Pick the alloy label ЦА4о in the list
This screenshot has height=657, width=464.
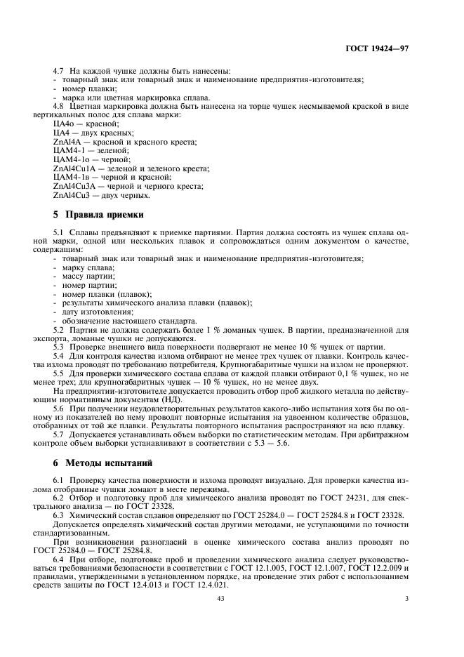coord(64,123)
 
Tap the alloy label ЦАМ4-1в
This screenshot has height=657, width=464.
coord(69,178)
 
